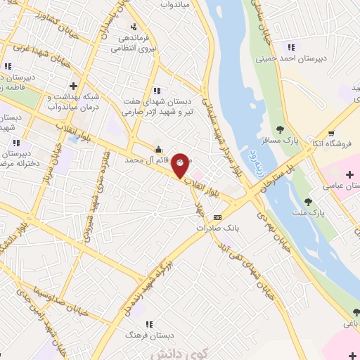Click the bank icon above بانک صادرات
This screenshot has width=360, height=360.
[x=217, y=217]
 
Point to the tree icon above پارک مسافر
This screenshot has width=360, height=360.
[x=279, y=129]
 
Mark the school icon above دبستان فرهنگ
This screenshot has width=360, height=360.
[x=148, y=323]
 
